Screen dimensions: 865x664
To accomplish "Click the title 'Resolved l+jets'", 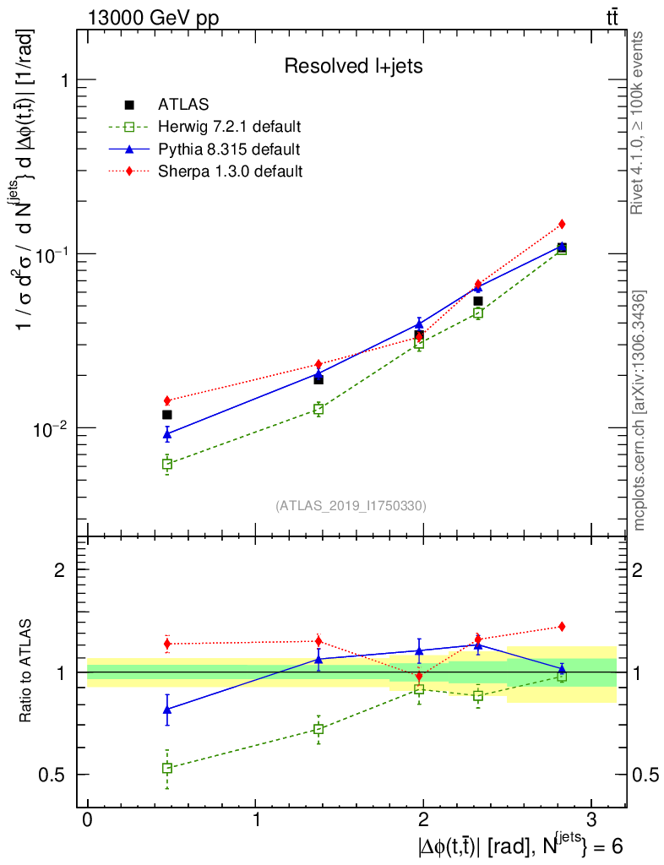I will pyautogui.click(x=353, y=66).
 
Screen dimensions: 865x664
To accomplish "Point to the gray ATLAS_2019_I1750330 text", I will pyautogui.click(x=351, y=506).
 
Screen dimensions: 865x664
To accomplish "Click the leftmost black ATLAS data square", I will pyautogui.click(x=167, y=415).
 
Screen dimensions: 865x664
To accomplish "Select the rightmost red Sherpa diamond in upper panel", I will pyautogui.click(x=562, y=224).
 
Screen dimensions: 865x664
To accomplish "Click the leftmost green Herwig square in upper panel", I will pyautogui.click(x=167, y=464).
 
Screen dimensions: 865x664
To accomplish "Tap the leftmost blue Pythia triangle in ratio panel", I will pyautogui.click(x=167, y=710).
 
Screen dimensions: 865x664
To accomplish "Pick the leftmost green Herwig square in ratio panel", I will pyautogui.click(x=167, y=768).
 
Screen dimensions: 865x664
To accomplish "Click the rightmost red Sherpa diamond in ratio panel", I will pyautogui.click(x=562, y=627).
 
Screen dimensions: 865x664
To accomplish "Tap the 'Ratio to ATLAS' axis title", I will pyautogui.click(x=26, y=672).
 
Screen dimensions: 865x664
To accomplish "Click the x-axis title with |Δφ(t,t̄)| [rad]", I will pyautogui.click(x=519, y=846).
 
